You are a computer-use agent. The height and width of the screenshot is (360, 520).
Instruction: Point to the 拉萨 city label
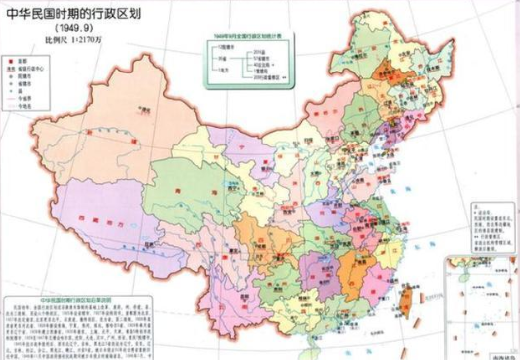(148, 244)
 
